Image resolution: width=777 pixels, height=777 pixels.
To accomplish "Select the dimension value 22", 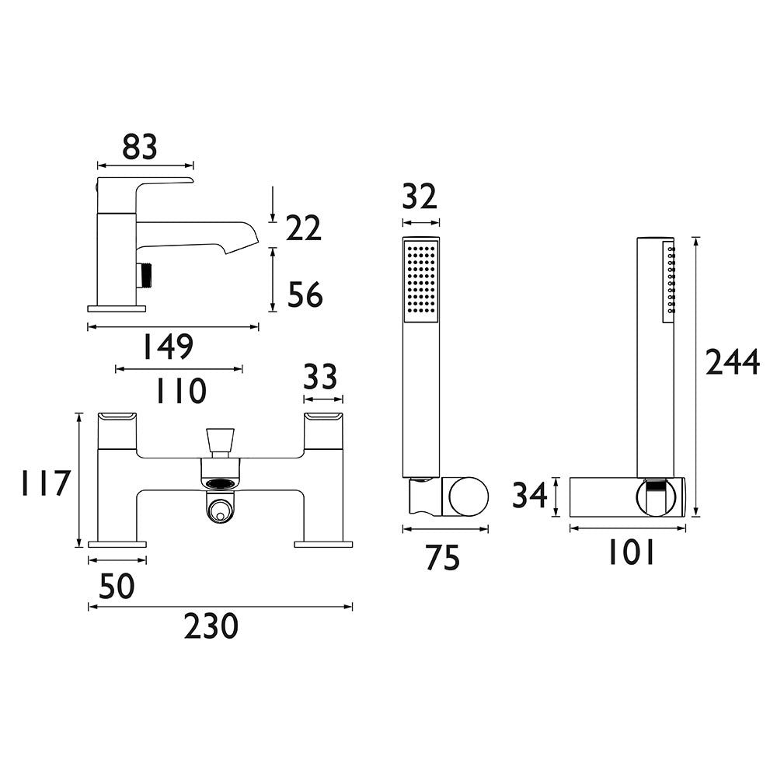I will click(x=303, y=228).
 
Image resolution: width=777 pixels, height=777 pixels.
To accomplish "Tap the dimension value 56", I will click(x=305, y=294).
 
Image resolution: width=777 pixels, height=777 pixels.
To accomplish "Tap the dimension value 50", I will click(x=117, y=587).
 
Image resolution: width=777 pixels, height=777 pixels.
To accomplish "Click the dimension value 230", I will click(x=211, y=625).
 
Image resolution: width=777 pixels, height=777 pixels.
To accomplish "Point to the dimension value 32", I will click(x=420, y=197).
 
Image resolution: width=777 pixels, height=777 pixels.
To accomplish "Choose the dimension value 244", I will click(x=732, y=362).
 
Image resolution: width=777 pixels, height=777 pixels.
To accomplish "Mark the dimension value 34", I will click(x=531, y=496).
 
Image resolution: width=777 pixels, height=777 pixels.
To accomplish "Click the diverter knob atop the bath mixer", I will click(x=221, y=441).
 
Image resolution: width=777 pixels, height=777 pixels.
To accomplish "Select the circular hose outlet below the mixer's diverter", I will click(x=221, y=510).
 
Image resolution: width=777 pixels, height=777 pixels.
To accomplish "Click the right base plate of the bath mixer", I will click(x=322, y=543).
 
